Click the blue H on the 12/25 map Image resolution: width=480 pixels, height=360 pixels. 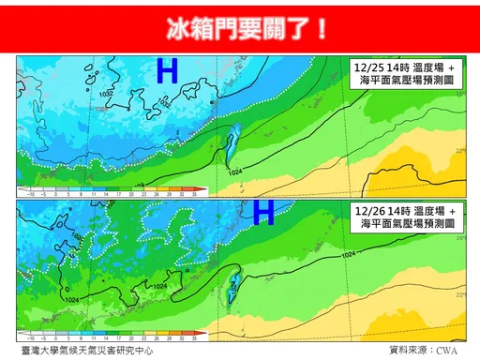pos(168,72)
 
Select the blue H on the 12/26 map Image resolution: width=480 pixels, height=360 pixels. pos(263,212)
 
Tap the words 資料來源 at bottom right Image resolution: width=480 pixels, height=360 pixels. pos(409,349)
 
